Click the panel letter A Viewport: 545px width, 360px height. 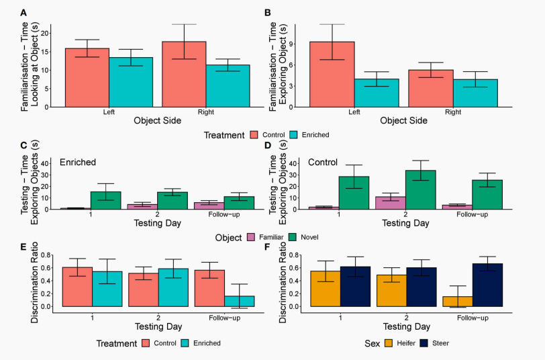24,13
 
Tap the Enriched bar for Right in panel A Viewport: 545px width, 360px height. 227,85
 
